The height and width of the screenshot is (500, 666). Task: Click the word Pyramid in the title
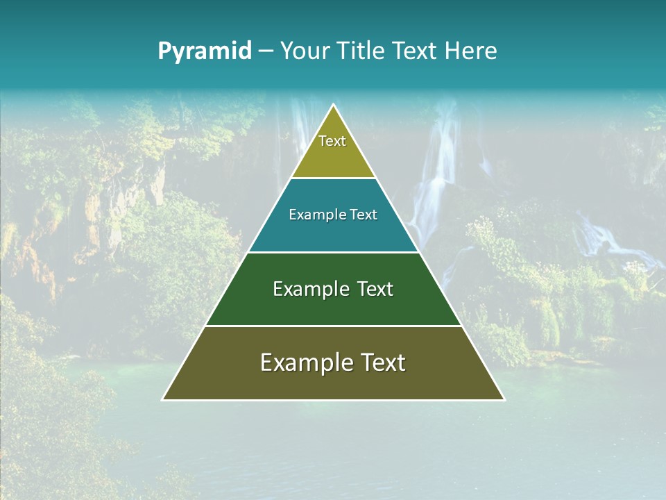205,51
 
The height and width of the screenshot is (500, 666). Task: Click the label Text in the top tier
332,142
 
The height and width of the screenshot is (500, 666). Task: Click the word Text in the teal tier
364,215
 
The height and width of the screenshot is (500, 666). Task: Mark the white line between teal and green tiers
333,252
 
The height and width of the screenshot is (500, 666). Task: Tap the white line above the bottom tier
333,326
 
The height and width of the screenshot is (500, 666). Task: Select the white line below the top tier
333,178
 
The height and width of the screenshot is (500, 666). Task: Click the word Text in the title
416,51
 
